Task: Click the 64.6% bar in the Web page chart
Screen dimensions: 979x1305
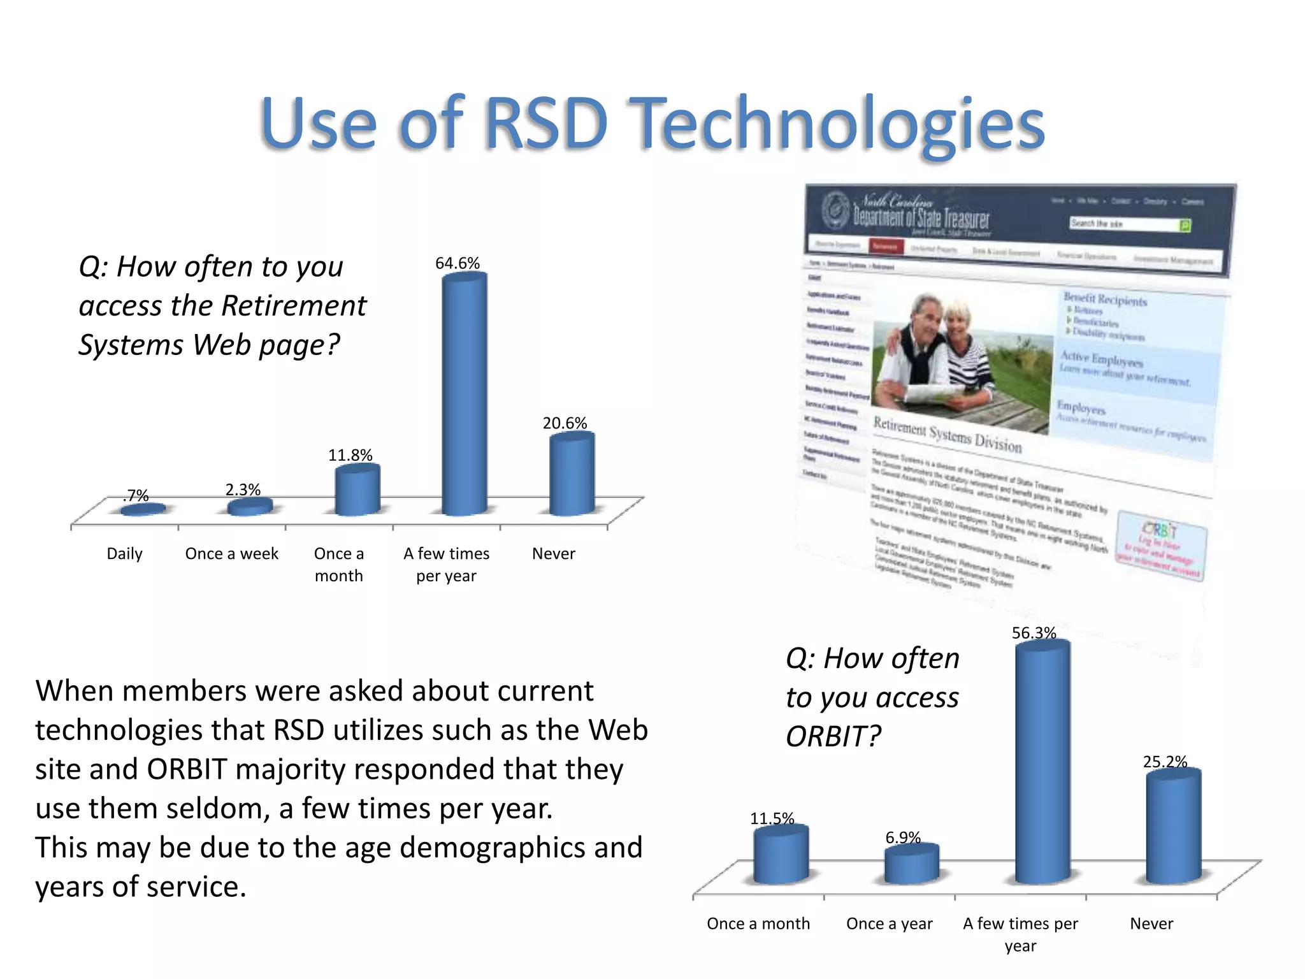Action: click(465, 395)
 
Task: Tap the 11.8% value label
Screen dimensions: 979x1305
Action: click(350, 455)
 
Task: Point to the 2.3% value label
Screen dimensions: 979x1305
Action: click(243, 489)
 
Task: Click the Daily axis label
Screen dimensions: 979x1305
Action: click(124, 553)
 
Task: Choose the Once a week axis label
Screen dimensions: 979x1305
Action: click(231, 553)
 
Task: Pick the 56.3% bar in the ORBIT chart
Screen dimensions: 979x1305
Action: click(1042, 765)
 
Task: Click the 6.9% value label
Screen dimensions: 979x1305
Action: click(903, 837)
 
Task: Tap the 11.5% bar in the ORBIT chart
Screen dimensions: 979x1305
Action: click(781, 854)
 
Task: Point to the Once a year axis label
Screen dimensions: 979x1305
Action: click(889, 924)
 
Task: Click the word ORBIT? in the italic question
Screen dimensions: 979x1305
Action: click(833, 737)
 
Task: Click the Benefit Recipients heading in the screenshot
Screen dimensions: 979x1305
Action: click(1105, 299)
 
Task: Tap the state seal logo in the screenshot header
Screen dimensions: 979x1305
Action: click(835, 210)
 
